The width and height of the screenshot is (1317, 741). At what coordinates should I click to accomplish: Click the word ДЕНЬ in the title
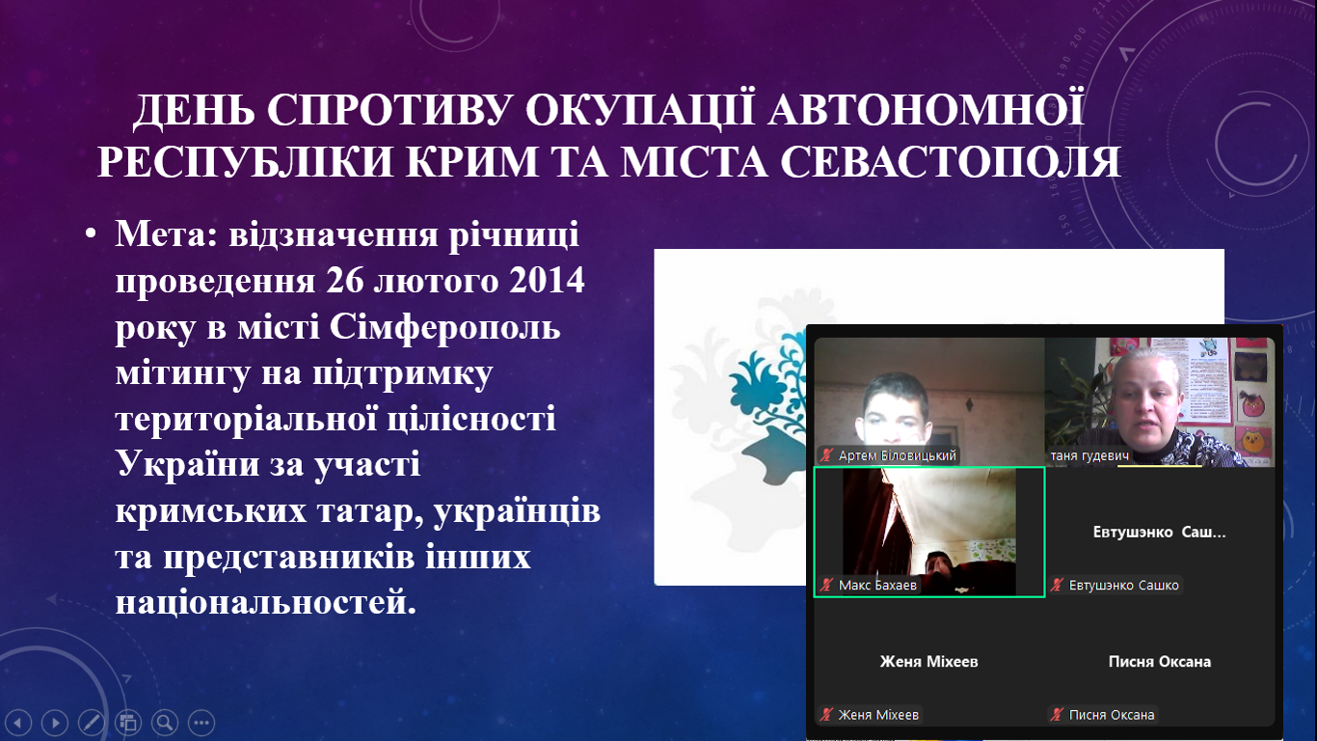(194, 109)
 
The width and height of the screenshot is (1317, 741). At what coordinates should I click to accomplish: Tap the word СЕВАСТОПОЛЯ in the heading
(950, 161)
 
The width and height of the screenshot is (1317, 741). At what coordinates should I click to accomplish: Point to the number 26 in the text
(344, 280)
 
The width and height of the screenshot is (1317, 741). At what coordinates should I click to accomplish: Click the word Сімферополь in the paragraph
(444, 327)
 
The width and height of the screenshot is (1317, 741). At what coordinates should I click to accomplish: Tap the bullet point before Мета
(91, 234)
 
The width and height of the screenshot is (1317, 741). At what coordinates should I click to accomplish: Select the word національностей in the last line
(266, 602)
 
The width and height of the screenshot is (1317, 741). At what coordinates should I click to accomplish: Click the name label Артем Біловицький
(898, 455)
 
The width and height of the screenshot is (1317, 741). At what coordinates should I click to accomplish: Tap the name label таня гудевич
(1089, 456)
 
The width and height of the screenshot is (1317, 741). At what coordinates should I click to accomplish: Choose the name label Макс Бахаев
(877, 585)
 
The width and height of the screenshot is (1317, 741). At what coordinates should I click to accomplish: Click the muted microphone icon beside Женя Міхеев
(826, 715)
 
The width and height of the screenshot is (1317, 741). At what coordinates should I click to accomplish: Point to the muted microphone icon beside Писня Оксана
(1057, 715)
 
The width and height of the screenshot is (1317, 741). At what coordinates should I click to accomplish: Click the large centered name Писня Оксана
(1160, 662)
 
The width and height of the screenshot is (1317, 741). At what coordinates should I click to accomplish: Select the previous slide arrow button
(19, 722)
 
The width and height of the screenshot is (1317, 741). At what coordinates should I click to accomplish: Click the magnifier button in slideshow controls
(165, 722)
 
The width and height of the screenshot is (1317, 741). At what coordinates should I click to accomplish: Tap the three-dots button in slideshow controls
(202, 722)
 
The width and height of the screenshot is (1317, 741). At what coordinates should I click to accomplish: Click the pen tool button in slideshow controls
(92, 722)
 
